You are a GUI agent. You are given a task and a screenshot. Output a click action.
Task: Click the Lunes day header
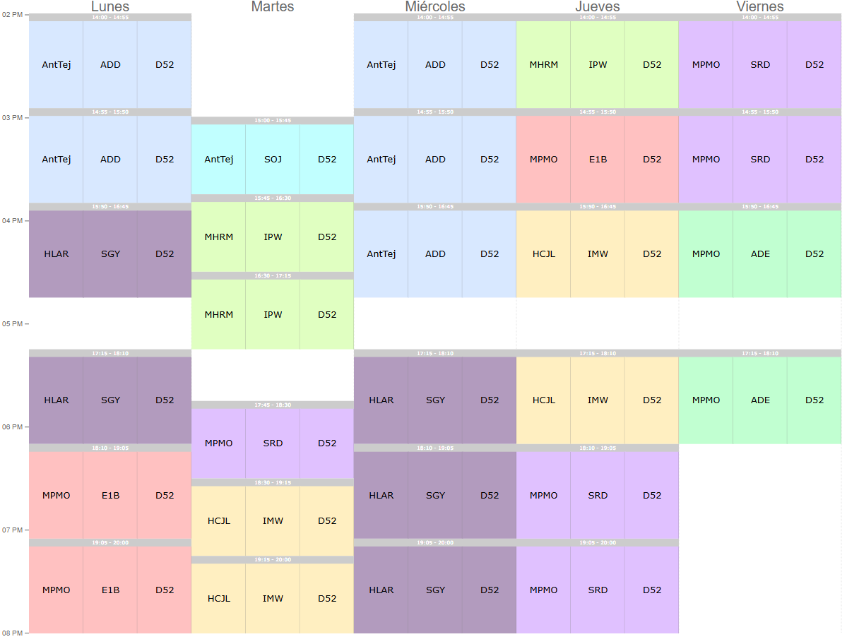(110, 6)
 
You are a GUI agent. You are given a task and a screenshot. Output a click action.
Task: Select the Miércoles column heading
(435, 6)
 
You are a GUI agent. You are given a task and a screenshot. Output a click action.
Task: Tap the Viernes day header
(760, 6)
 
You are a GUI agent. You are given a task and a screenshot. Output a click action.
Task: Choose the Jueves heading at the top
(598, 6)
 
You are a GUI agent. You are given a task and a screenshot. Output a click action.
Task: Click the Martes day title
(273, 6)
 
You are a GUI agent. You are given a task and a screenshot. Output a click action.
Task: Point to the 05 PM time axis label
(13, 324)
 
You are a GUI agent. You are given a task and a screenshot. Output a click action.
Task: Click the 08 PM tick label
(13, 633)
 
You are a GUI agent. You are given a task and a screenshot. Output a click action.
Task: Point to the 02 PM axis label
(13, 14)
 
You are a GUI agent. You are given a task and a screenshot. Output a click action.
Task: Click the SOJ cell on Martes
(273, 160)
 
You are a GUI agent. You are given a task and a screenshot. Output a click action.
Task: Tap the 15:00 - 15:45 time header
(273, 121)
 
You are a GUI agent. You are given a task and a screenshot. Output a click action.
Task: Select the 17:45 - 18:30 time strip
(273, 405)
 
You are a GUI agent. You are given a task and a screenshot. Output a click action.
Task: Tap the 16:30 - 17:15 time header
(273, 276)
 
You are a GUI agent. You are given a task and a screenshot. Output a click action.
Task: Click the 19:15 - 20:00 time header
(273, 560)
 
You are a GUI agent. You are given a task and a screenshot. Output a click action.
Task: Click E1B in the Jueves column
(598, 160)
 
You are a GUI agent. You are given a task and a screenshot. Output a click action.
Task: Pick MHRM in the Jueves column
(543, 65)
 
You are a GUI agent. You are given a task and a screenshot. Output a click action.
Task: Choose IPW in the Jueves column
(598, 65)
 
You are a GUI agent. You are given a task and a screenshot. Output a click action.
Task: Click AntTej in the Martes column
(218, 160)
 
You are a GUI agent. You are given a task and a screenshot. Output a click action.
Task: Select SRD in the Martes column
(273, 443)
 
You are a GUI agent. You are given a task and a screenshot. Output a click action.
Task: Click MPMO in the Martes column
(218, 443)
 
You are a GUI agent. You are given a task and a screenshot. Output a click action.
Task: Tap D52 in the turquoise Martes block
(327, 160)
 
